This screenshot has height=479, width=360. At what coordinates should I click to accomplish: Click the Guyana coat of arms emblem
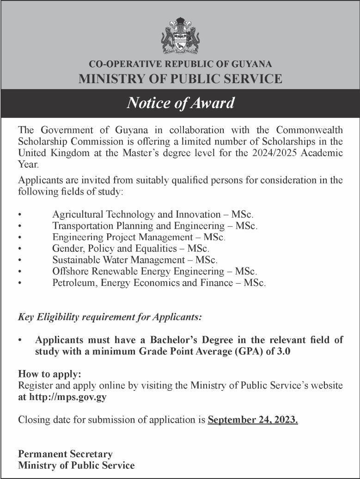coord(180,36)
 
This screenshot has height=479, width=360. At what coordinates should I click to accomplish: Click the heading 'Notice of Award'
coord(180,103)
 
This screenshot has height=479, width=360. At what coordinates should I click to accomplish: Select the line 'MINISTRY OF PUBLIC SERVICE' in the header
coord(180,79)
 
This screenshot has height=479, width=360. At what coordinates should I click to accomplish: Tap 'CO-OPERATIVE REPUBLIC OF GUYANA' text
coord(180,64)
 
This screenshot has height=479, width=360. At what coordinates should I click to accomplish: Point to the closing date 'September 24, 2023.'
coord(253,420)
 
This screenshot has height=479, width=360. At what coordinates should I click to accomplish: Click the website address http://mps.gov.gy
coord(67,397)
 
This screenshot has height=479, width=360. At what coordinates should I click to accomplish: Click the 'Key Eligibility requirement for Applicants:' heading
coord(110,317)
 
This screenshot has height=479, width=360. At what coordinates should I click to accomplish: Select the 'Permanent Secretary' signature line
coord(65,454)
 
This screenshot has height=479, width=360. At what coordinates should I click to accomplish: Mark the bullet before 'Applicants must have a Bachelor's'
coord(20,340)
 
